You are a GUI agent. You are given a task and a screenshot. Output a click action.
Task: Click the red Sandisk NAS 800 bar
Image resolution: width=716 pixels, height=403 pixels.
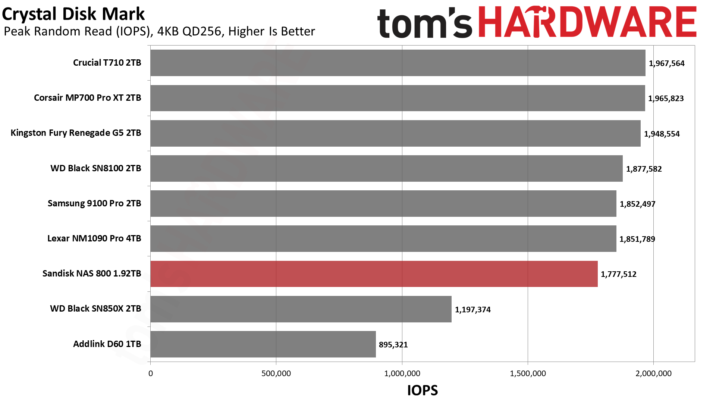pyautogui.click(x=374, y=274)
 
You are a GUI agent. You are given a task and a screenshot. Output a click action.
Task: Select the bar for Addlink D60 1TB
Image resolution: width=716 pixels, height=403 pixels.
pyautogui.click(x=263, y=344)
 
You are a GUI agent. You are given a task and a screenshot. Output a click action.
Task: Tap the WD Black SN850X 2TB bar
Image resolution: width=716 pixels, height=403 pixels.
pyautogui.click(x=301, y=309)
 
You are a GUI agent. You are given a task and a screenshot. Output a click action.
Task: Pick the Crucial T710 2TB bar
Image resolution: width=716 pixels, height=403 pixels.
pyautogui.click(x=398, y=63)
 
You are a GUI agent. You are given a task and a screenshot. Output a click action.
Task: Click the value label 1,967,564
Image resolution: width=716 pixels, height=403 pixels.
pyautogui.click(x=667, y=63)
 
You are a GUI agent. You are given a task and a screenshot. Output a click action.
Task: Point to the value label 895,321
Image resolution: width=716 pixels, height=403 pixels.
pyautogui.click(x=393, y=345)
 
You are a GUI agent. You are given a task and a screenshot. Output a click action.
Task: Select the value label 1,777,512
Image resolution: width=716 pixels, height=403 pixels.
pyautogui.click(x=619, y=274)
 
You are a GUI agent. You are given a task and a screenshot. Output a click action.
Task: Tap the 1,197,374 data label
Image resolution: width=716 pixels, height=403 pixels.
pyautogui.click(x=473, y=310)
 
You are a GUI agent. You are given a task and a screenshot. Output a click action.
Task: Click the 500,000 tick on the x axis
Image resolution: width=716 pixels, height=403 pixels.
pyautogui.click(x=276, y=374)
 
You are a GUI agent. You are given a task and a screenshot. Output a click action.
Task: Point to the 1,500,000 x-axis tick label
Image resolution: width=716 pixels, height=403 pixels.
pyautogui.click(x=528, y=374)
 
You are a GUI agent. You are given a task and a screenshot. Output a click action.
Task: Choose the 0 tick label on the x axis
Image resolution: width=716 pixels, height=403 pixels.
pyautogui.click(x=151, y=374)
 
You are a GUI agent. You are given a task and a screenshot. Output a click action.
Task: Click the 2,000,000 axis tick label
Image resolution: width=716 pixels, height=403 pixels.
pyautogui.click(x=653, y=374)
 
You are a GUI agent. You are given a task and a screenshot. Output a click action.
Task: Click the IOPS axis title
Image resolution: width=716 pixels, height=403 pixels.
pyautogui.click(x=423, y=390)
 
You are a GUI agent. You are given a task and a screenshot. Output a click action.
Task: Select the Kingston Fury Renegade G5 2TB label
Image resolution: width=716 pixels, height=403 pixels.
pyautogui.click(x=76, y=133)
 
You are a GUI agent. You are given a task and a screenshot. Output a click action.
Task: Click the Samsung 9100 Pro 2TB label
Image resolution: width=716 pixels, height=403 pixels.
pyautogui.click(x=94, y=203)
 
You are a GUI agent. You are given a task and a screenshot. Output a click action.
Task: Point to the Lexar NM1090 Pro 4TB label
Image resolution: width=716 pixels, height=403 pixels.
pyautogui.click(x=94, y=238)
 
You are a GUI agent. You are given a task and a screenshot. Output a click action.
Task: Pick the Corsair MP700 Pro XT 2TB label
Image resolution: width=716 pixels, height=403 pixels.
pyautogui.click(x=88, y=98)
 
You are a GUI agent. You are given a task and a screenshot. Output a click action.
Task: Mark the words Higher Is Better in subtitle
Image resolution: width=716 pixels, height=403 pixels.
pyautogui.click(x=271, y=31)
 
